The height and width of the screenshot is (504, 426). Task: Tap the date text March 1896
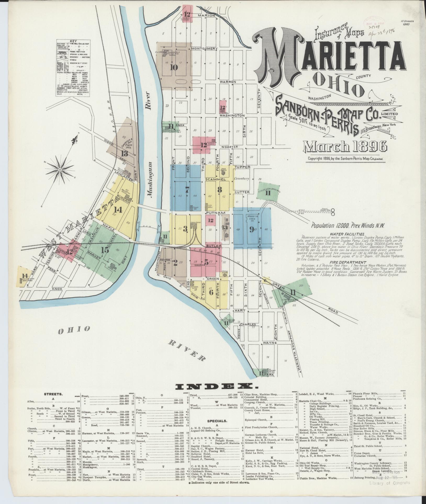345,147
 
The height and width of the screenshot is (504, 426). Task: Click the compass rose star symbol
60,170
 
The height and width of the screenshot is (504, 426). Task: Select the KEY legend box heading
73,41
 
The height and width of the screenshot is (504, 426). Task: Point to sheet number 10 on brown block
173,67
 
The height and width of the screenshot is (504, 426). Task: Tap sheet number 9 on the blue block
251,229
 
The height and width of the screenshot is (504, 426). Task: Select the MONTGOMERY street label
204,49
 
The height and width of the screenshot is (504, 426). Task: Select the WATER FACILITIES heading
347,234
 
